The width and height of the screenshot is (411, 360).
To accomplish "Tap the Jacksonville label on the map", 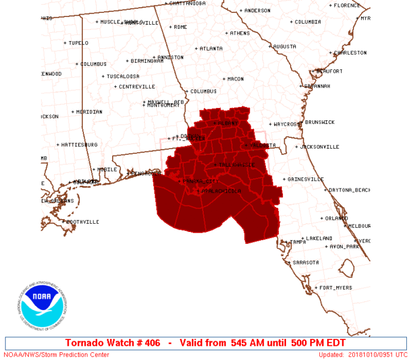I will tap(319, 147).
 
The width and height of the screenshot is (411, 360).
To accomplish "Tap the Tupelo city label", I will tap(78, 43).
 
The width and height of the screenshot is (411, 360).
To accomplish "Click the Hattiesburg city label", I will tap(79, 144).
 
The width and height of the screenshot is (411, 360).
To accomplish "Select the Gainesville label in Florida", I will tap(305, 179).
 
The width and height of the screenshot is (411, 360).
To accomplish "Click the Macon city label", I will tap(235, 79).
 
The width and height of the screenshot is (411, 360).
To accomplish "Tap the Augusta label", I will tap(284, 46).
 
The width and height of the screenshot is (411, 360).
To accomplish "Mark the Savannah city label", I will tap(317, 86).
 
